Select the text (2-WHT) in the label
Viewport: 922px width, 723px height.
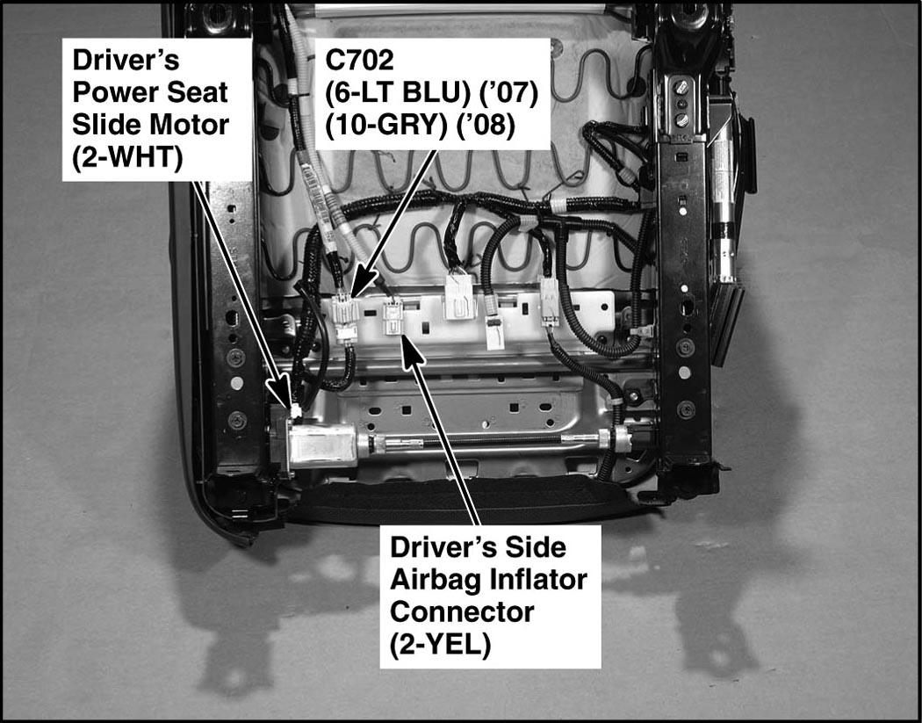tap(127, 157)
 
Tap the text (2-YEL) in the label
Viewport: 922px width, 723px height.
tap(440, 645)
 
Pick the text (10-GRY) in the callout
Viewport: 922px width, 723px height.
tap(384, 126)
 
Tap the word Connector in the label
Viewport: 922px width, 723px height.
tap(462, 611)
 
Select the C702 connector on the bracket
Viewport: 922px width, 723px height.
tap(345, 318)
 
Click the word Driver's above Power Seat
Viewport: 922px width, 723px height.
tap(126, 60)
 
